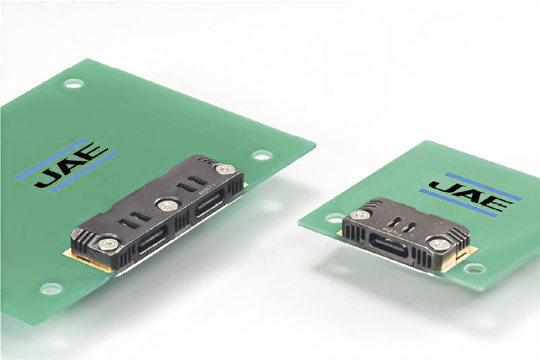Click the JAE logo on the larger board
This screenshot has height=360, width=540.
tap(67, 165)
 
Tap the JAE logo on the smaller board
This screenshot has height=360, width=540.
tap(471, 194)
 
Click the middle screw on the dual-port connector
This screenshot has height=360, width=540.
tap(168, 205)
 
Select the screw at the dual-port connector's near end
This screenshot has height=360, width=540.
tap(109, 244)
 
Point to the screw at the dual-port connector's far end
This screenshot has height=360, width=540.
tap(226, 169)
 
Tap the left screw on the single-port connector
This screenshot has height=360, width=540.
tap(360, 216)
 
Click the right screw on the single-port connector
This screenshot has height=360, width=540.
tap(440, 244)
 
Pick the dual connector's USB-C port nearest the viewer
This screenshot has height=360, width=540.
tap(152, 239)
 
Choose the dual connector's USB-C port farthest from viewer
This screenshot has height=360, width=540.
tap(210, 204)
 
